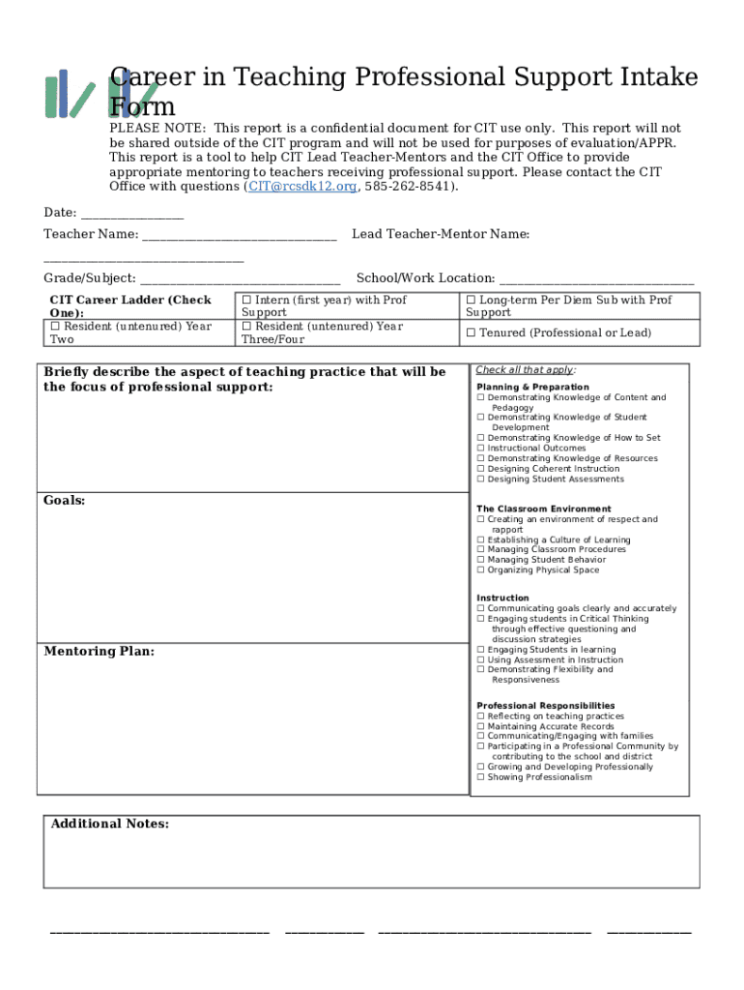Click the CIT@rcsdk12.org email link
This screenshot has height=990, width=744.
point(302,187)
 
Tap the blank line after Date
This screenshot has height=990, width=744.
point(132,214)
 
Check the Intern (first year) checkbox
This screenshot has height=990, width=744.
point(246,301)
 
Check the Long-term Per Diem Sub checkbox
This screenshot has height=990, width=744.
point(471,301)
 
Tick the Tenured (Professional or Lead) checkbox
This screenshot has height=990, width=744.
point(471,334)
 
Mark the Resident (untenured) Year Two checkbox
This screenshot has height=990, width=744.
point(55,327)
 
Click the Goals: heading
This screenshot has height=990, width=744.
point(65,501)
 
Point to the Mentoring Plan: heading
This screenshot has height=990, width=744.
point(99,652)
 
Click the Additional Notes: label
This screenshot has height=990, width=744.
point(109,824)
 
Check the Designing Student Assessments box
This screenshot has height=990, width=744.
point(480,480)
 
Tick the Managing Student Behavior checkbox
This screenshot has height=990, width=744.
point(480,560)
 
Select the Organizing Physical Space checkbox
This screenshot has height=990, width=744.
point(480,570)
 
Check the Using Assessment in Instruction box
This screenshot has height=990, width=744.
point(480,660)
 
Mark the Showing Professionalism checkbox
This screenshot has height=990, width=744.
point(480,777)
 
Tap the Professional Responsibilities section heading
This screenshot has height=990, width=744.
point(545,706)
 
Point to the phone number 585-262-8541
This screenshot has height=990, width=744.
point(409,187)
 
